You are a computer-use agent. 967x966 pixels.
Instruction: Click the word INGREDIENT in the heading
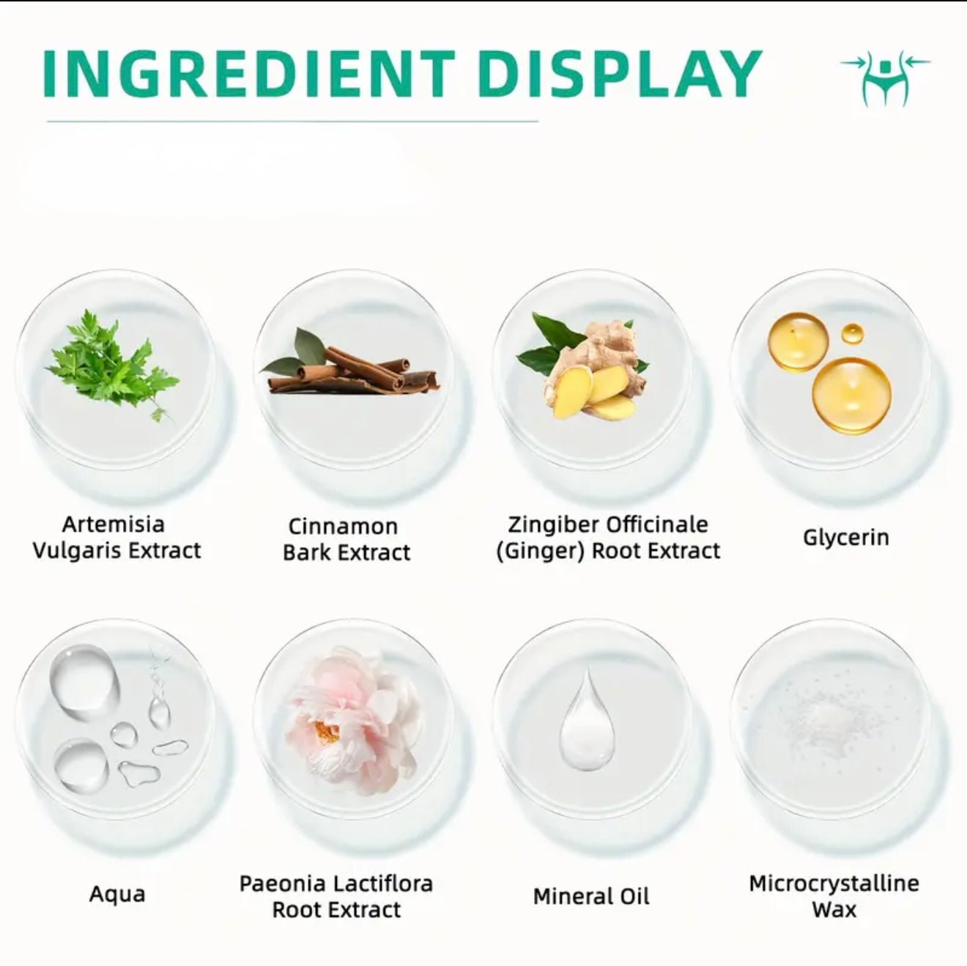249,73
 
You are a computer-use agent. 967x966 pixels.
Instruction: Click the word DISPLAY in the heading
620,73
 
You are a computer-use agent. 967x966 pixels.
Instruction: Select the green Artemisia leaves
112,365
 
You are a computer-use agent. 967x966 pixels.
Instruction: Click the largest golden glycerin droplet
851,395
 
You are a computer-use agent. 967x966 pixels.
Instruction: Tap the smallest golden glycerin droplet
852,334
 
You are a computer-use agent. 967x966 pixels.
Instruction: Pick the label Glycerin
846,538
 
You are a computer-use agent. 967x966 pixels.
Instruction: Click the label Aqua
117,893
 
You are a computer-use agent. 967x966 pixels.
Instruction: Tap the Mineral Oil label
591,896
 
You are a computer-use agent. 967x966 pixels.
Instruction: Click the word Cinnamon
344,527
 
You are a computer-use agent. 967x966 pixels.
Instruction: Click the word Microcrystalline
834,884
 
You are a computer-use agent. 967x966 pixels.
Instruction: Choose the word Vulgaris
77,551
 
